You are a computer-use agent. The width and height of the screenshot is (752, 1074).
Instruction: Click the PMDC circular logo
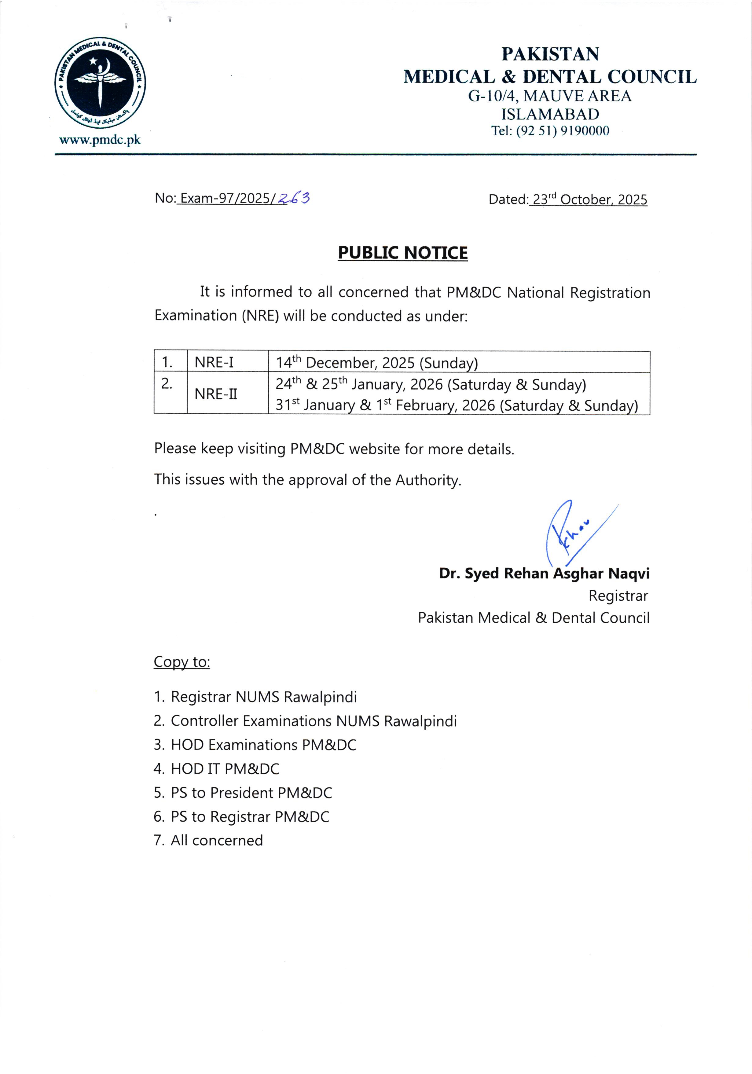pyautogui.click(x=100, y=83)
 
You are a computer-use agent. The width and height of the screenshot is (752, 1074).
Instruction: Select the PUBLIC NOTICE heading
pyautogui.click(x=403, y=253)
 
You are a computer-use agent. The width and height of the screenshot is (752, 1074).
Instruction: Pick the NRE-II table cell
pyautogui.click(x=216, y=394)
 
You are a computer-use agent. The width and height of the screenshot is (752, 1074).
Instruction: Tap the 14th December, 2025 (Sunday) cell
pyautogui.click(x=376, y=362)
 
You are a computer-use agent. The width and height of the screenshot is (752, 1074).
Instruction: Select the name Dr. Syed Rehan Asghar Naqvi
pyautogui.click(x=544, y=574)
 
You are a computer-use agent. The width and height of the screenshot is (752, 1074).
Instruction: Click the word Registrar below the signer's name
pyautogui.click(x=618, y=596)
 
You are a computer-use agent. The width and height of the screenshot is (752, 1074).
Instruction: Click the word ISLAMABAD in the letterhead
pyautogui.click(x=550, y=114)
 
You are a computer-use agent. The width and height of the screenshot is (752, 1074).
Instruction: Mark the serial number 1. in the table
pyautogui.click(x=167, y=362)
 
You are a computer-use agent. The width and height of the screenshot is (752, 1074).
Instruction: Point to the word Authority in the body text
pyautogui.click(x=427, y=480)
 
